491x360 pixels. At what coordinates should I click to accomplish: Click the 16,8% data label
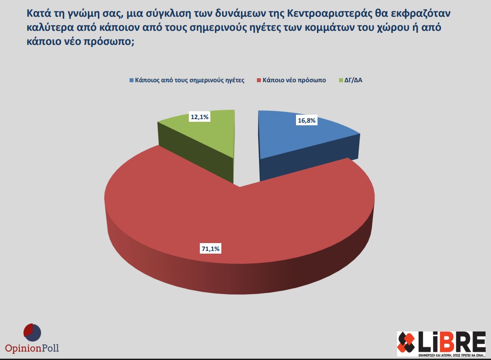(x=307, y=120)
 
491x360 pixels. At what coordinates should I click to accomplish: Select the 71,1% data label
(x=210, y=249)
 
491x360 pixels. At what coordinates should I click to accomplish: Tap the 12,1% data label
(x=199, y=117)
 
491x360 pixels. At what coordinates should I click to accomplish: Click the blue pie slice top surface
(x=299, y=136)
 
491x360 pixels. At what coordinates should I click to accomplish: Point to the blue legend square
(x=131, y=80)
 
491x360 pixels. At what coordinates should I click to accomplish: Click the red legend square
(x=259, y=80)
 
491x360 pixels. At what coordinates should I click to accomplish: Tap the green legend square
(x=341, y=80)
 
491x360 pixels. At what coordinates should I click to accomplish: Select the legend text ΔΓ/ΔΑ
(x=354, y=80)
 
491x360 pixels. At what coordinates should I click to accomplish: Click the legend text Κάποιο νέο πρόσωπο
(x=294, y=80)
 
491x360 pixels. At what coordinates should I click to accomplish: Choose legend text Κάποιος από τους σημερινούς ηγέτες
(x=190, y=80)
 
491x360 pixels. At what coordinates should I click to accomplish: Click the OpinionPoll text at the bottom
(x=32, y=349)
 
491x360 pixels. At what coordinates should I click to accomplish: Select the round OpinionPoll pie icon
(x=32, y=333)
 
